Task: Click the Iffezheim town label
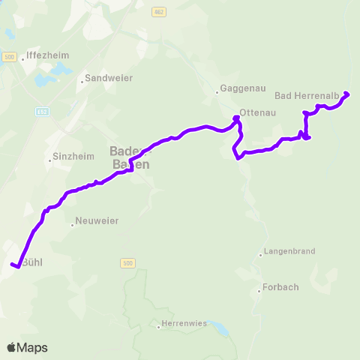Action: point(47,55)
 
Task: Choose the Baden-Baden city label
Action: point(132,156)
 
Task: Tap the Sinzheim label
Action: point(71,157)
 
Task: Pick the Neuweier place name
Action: point(97,222)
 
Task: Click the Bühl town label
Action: point(33,262)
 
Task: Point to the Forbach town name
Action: point(280,288)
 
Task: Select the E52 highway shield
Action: point(41,112)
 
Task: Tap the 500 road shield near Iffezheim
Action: point(9,57)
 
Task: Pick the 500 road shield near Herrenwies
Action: point(126,263)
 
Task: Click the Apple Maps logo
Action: point(27,347)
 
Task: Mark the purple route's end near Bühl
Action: point(13,265)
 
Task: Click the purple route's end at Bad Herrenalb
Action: point(346,94)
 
